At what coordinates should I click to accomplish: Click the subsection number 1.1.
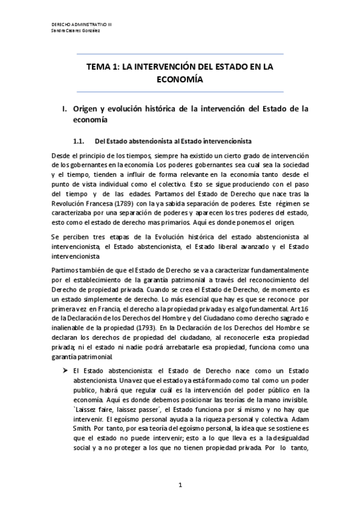(80, 142)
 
